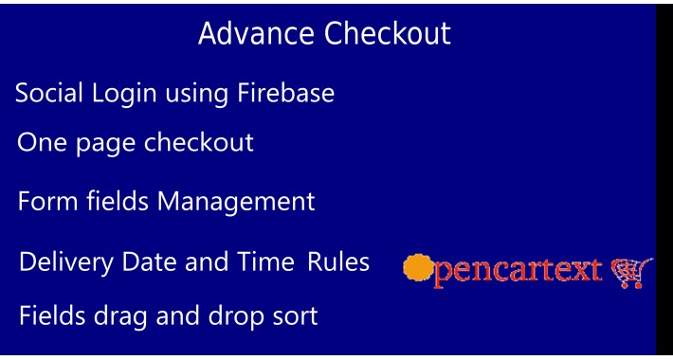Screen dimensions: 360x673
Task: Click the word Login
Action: pos(125,95)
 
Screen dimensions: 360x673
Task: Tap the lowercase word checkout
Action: pos(199,143)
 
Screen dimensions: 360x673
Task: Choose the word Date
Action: pos(150,261)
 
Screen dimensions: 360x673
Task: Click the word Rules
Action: pos(338,261)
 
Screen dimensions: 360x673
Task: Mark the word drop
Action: pos(233,316)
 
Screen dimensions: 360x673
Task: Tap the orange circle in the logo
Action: pos(417,268)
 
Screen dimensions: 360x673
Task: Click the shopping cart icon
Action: pos(628,273)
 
